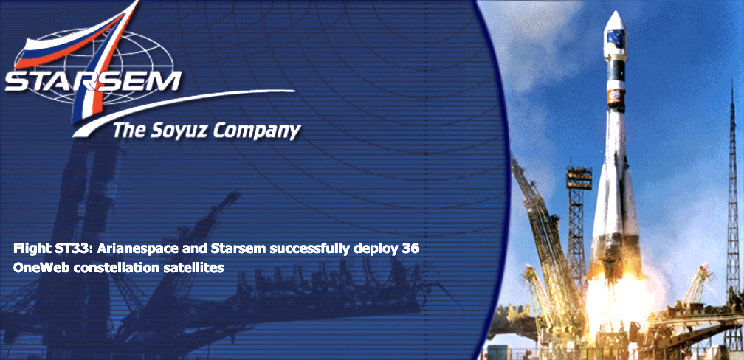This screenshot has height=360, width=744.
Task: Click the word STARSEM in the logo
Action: (93, 82)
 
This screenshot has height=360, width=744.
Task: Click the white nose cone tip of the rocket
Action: (614, 13)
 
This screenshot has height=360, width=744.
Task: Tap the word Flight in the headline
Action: (27, 249)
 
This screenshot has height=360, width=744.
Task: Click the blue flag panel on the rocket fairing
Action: (616, 37)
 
